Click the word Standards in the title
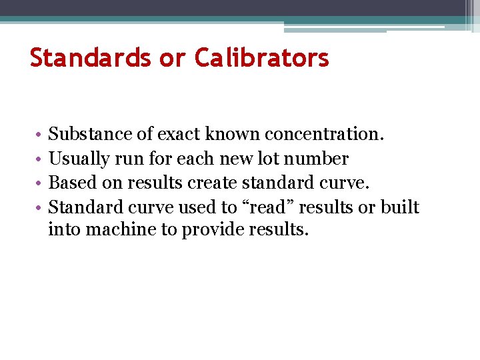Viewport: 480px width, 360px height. click(90, 58)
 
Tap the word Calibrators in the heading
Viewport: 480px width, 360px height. click(262, 58)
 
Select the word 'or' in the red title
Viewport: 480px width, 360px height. click(172, 58)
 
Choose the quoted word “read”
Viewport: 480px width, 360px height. click(270, 207)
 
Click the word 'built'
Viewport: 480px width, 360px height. click(399, 207)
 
